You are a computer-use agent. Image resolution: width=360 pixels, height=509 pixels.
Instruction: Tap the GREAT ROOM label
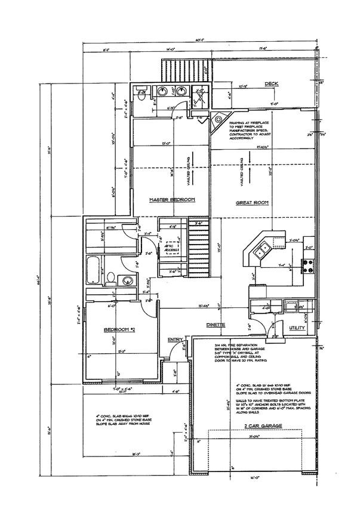(252, 203)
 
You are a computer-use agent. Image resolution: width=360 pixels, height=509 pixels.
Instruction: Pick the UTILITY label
(297, 328)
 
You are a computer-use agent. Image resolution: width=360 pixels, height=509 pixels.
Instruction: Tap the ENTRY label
(174, 340)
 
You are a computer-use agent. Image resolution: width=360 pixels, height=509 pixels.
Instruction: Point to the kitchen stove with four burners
(309, 266)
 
